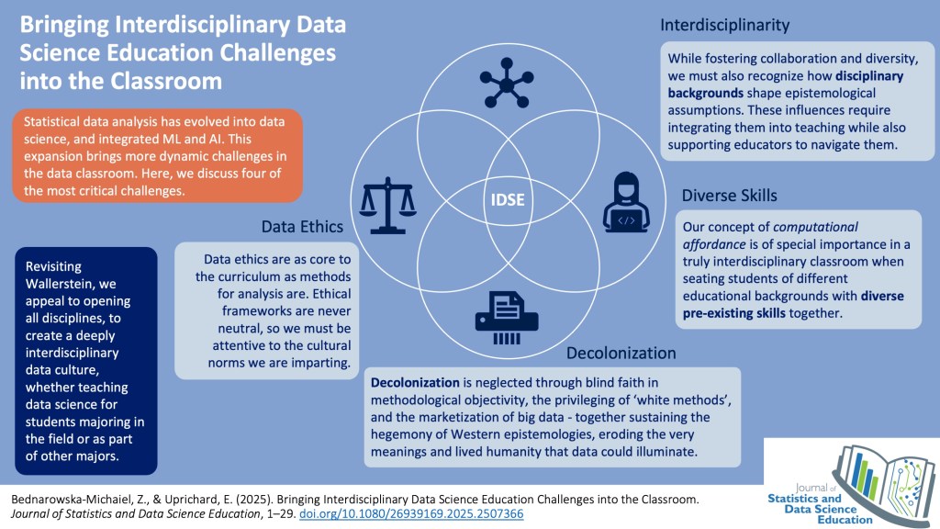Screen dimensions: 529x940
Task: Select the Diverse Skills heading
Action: point(729,195)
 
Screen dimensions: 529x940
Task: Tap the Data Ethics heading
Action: point(302,226)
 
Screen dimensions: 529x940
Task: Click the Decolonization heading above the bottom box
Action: point(621,353)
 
